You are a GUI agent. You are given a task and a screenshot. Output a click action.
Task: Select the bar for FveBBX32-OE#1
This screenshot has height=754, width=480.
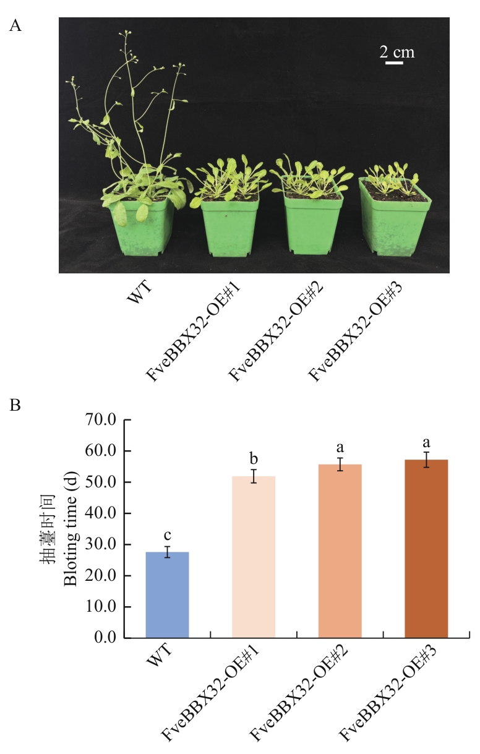click(x=253, y=557)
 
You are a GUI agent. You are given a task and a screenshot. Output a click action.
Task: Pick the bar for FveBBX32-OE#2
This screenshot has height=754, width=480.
click(x=340, y=551)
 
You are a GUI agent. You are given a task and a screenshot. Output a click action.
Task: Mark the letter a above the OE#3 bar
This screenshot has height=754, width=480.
click(x=426, y=442)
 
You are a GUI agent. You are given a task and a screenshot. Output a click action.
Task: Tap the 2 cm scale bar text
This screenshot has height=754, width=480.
click(x=396, y=52)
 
